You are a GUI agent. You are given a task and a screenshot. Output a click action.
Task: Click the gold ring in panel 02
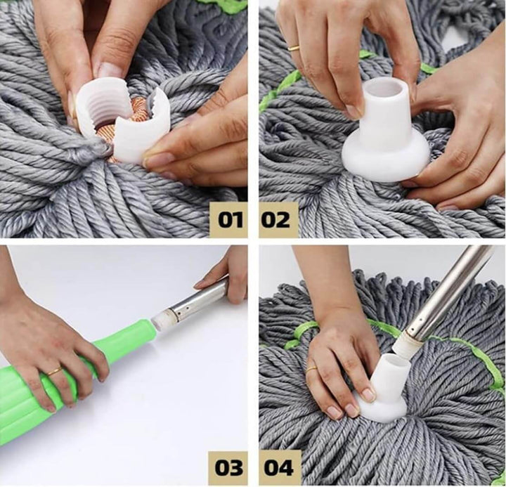(294, 48)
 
